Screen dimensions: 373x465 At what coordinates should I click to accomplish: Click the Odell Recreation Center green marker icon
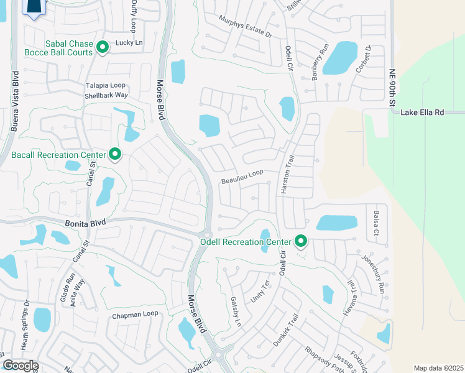[302, 241]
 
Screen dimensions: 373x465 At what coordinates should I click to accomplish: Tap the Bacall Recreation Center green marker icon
[114, 154]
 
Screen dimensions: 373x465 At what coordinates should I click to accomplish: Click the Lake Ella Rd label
[423, 113]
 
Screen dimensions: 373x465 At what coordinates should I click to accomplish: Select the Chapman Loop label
[136, 315]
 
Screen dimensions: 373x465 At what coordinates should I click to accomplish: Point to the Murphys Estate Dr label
[246, 26]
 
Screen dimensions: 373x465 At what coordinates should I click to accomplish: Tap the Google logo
[20, 365]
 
